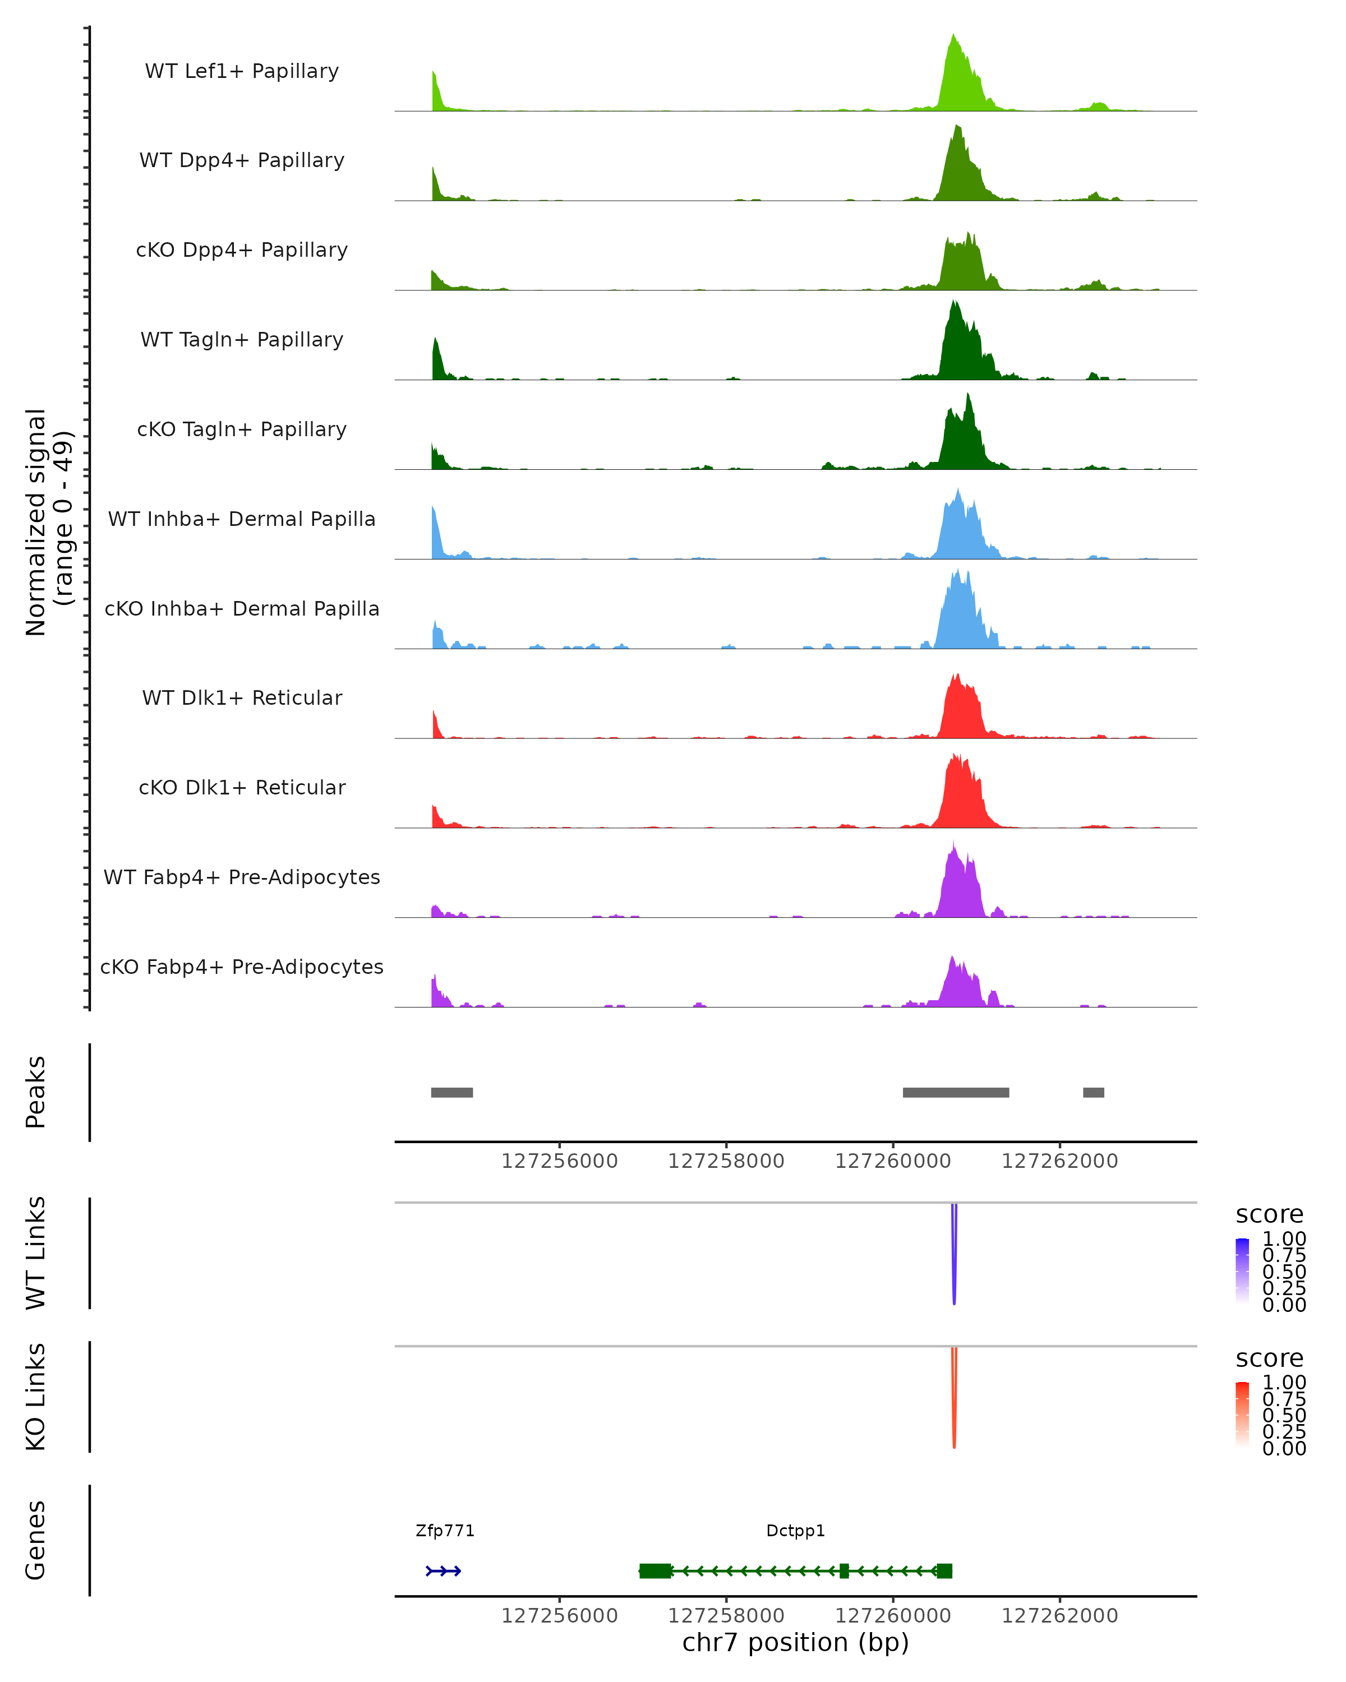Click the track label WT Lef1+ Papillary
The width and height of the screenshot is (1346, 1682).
(x=242, y=71)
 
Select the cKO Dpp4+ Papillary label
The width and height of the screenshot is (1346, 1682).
(x=242, y=251)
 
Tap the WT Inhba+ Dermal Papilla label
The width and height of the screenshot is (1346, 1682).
(x=242, y=520)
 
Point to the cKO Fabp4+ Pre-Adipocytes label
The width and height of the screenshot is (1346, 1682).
(x=242, y=967)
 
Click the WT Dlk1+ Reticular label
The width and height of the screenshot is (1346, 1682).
(x=242, y=698)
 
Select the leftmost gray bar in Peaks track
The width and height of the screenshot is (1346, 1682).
(x=452, y=1092)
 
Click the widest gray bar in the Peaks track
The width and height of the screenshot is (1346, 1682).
(x=956, y=1092)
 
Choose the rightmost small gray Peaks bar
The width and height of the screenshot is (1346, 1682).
(x=1093, y=1092)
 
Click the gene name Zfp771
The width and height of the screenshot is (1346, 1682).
(x=445, y=1531)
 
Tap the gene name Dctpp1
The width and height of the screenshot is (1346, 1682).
(x=795, y=1531)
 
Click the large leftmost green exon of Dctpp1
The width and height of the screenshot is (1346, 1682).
(x=656, y=1571)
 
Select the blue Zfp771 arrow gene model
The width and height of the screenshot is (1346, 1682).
(x=443, y=1571)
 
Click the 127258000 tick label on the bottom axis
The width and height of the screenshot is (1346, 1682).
(x=726, y=1616)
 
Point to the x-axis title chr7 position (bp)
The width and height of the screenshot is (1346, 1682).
(x=795, y=1643)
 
